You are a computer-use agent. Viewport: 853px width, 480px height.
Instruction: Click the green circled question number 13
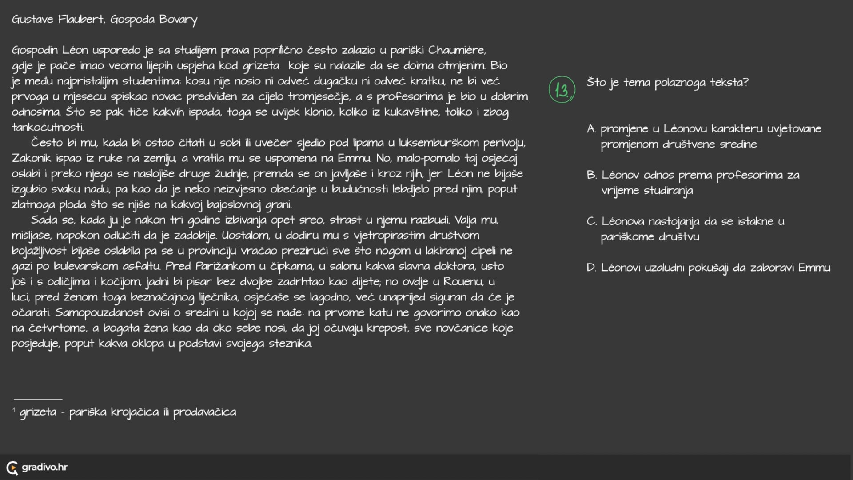point(562,90)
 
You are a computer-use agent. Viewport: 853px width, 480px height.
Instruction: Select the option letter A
point(591,129)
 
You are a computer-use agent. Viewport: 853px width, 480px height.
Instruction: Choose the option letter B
point(591,175)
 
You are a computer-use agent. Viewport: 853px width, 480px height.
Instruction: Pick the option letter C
point(591,221)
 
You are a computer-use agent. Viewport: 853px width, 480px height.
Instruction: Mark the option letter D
point(591,268)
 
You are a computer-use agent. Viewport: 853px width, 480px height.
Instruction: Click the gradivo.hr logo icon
point(12,468)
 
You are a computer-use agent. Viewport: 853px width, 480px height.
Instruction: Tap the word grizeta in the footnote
point(38,412)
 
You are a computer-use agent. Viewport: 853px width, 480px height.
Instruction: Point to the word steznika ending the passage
point(290,344)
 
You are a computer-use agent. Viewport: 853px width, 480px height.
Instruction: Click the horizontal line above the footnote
point(38,399)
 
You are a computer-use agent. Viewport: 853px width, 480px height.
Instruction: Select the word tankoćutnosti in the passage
point(47,128)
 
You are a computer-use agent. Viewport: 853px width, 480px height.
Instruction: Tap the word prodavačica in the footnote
point(204,412)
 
